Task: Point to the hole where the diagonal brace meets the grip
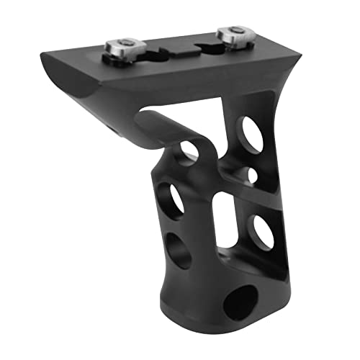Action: pos(189,149)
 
